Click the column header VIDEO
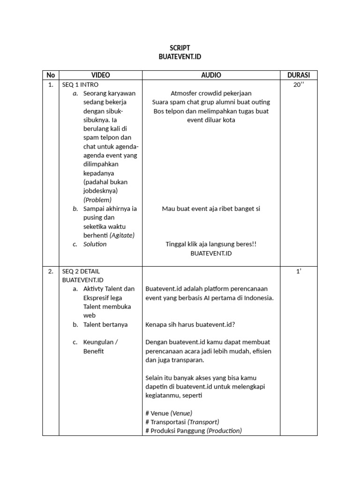click(x=101, y=75)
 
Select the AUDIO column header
click(x=211, y=75)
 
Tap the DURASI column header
click(x=298, y=75)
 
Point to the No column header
click(x=51, y=75)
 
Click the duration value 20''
click(x=298, y=84)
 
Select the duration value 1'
click(x=298, y=271)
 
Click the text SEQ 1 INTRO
click(x=80, y=84)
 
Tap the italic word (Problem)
click(x=97, y=200)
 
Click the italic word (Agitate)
click(x=125, y=235)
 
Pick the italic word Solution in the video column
click(x=95, y=244)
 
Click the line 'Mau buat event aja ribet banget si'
click(x=211, y=209)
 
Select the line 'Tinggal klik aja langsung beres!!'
click(x=211, y=244)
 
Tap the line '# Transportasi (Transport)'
click(x=182, y=422)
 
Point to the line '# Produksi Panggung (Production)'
click(x=194, y=431)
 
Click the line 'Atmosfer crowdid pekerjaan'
click(x=211, y=93)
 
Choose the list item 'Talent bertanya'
click(x=105, y=324)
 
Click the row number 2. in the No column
click(x=51, y=271)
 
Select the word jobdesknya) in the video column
click(x=101, y=191)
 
